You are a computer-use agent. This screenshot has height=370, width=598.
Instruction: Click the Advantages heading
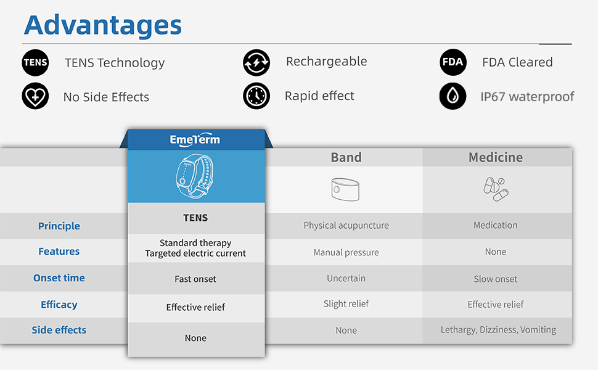(x=103, y=25)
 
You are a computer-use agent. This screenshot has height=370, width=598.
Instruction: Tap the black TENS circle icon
(x=35, y=62)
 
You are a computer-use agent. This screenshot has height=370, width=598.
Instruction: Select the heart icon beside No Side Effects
(x=35, y=96)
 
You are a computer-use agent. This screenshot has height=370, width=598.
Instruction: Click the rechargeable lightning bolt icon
(x=256, y=62)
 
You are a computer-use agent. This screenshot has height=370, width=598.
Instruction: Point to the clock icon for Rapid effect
(x=256, y=96)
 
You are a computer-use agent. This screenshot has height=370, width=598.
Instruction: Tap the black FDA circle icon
(x=453, y=62)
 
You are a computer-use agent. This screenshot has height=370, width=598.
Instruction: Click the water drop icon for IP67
(x=453, y=96)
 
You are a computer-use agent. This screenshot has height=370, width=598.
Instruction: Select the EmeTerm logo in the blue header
(x=195, y=140)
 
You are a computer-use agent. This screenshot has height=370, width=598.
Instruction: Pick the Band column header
(x=346, y=157)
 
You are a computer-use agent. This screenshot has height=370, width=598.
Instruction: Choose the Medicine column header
(x=496, y=157)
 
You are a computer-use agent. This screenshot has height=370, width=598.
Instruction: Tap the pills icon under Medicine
(x=496, y=189)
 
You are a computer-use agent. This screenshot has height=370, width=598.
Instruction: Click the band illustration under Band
(x=345, y=189)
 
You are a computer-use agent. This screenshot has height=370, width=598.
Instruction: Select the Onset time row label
(x=59, y=278)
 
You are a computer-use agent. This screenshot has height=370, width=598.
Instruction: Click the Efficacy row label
(x=59, y=305)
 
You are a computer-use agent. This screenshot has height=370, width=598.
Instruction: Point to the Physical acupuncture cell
(x=346, y=226)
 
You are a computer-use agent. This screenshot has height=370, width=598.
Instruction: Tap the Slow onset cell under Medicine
(x=496, y=279)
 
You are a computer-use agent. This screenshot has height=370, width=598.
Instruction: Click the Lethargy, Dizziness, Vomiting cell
(x=498, y=330)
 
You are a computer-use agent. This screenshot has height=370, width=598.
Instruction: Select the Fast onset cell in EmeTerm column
(x=195, y=279)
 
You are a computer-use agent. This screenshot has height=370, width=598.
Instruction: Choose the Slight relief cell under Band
(x=346, y=304)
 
